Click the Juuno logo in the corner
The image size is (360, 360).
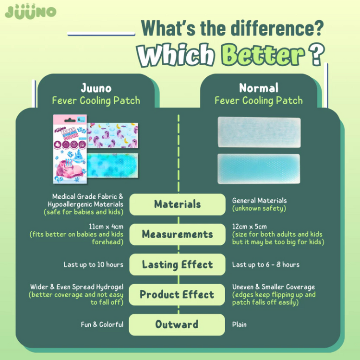pos(31,12)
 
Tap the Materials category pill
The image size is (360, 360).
pos(177,204)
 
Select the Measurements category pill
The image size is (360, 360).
pos(177,234)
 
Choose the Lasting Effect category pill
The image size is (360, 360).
pos(177,264)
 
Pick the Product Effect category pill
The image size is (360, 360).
pos(177,295)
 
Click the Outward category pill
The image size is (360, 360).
pos(177,324)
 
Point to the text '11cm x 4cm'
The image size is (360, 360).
pos(106,227)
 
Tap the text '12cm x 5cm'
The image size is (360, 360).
pos(250,227)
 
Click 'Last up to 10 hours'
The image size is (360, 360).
pos(94,264)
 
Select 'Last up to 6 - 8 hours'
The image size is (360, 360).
pos(266,264)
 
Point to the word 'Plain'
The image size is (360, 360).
pos(239,324)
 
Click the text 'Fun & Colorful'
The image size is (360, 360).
pos(102,324)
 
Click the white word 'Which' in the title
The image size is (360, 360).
pos(176,55)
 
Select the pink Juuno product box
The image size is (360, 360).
pos(70,149)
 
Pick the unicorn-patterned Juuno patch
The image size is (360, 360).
pos(112,135)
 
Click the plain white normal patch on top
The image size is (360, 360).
pos(259,132)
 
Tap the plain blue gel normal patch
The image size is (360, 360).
pos(259,169)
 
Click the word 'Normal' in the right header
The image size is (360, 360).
pos(259,88)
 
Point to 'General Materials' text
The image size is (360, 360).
pos(259,201)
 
